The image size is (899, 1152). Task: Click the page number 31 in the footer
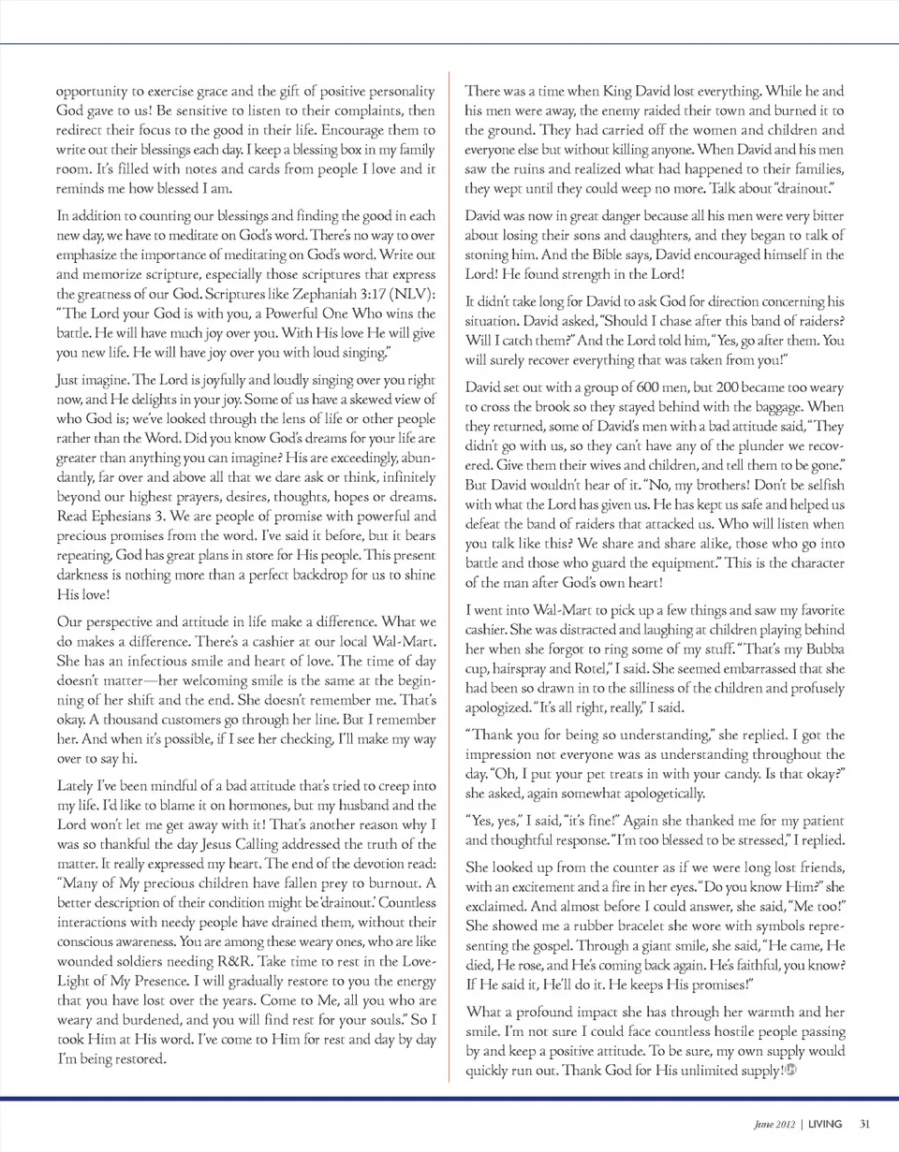[864, 1124]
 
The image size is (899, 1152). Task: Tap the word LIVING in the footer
[825, 1124]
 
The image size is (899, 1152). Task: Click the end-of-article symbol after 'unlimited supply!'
[790, 1071]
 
